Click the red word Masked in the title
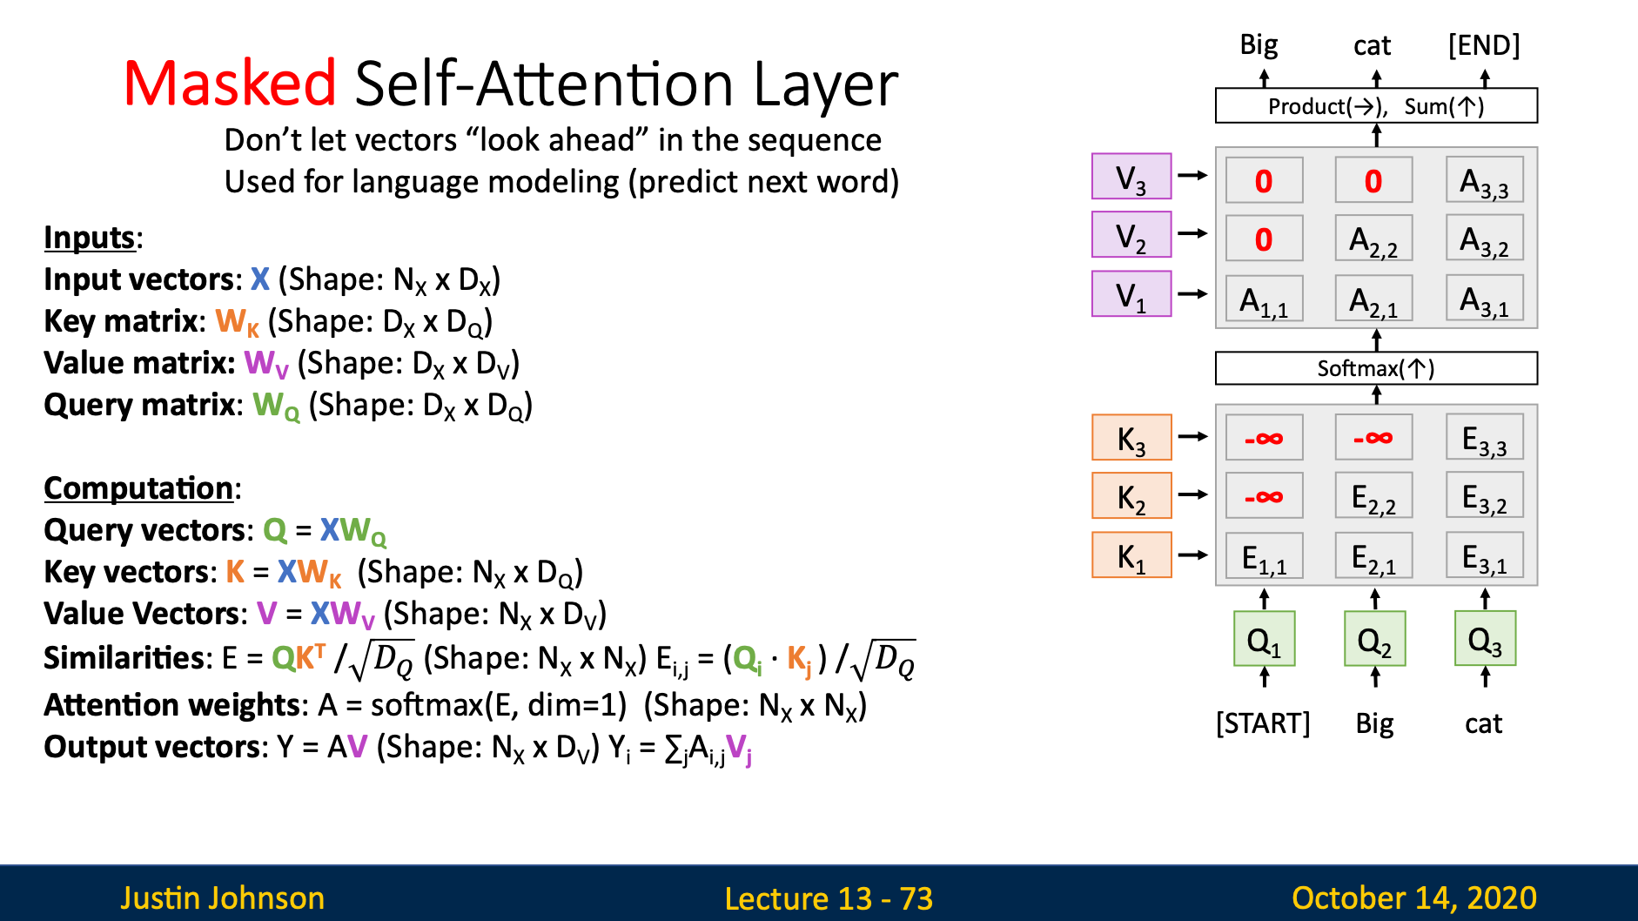pyautogui.click(x=230, y=84)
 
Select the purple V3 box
pyautogui.click(x=1131, y=176)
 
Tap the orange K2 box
pyautogui.click(x=1131, y=495)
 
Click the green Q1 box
pyautogui.click(x=1265, y=639)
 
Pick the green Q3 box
pyautogui.click(x=1485, y=639)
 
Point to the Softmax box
pyautogui.click(x=1376, y=367)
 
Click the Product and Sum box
pyautogui.click(x=1376, y=105)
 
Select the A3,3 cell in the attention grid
pyautogui.click(x=1485, y=179)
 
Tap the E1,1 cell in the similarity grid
pyautogui.click(x=1265, y=555)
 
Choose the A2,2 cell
pyautogui.click(x=1374, y=239)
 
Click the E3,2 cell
pyautogui.click(x=1485, y=495)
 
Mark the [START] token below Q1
pyautogui.click(x=1263, y=723)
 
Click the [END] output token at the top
pyautogui.click(x=1484, y=45)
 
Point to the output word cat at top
pyautogui.click(x=1373, y=45)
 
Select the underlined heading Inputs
pyautogui.click(x=90, y=238)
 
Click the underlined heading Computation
pyautogui.click(x=138, y=488)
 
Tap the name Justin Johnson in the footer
pyautogui.click(x=223, y=897)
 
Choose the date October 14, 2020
pyautogui.click(x=1414, y=897)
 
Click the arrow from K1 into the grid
pyautogui.click(x=1192, y=555)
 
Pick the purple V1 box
pyautogui.click(x=1131, y=293)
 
